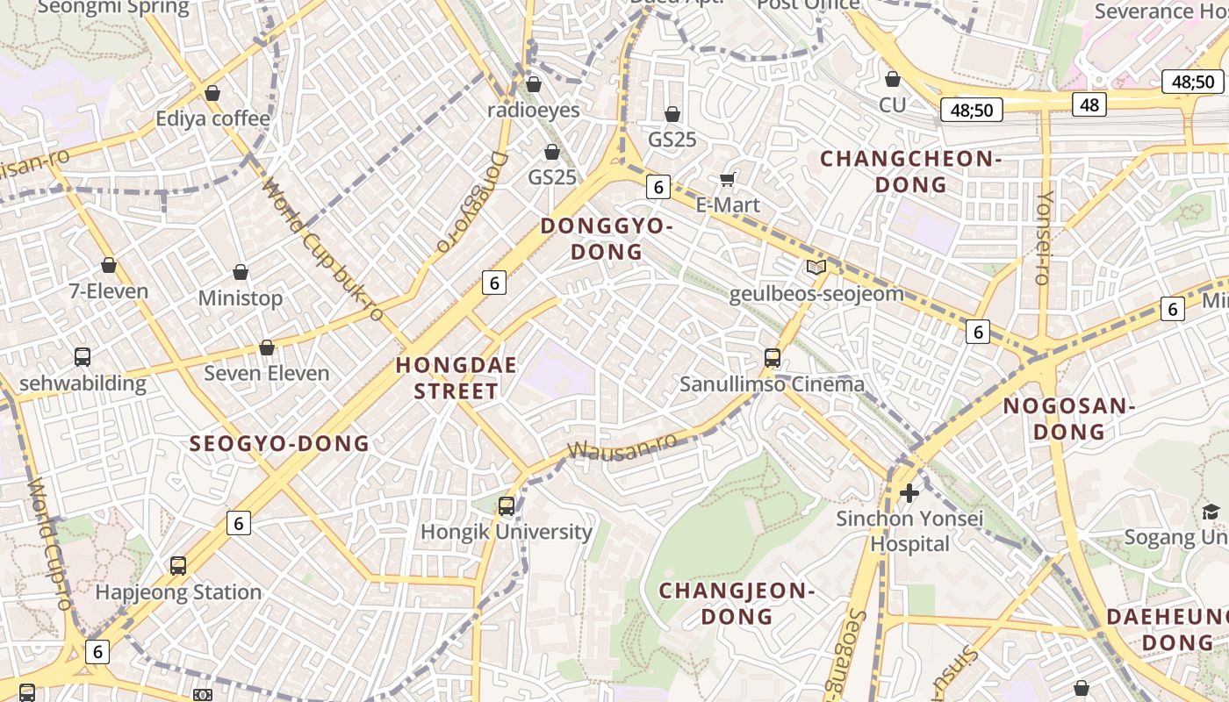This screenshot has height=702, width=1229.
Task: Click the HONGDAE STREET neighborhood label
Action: pyautogui.click(x=456, y=378)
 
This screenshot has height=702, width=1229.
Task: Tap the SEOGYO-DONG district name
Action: pyautogui.click(x=280, y=444)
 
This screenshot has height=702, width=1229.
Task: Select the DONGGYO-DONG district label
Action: pyautogui.click(x=607, y=239)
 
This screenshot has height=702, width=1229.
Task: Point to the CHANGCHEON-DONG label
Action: pyautogui.click(x=910, y=172)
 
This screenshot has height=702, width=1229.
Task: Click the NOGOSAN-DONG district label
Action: pyautogui.click(x=1068, y=419)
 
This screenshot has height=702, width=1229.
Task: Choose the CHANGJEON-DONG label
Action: pyautogui.click(x=737, y=603)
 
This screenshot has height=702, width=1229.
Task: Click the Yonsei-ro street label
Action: pyautogui.click(x=1044, y=238)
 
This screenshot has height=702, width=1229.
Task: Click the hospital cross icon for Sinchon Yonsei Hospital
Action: pyautogui.click(x=909, y=493)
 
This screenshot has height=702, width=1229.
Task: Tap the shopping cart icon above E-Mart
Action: pyautogui.click(x=727, y=180)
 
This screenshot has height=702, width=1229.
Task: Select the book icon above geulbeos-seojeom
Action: pyautogui.click(x=816, y=268)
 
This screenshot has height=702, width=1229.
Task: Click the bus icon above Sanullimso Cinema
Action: pyautogui.click(x=773, y=357)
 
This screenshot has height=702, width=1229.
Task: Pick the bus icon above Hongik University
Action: pyautogui.click(x=507, y=505)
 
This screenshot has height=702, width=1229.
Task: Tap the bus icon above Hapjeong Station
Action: pyautogui.click(x=178, y=566)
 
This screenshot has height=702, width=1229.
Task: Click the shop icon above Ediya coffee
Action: pyautogui.click(x=212, y=93)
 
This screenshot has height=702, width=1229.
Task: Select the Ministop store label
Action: pyautogui.click(x=241, y=298)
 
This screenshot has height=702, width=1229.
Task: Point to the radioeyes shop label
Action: pyautogui.click(x=534, y=110)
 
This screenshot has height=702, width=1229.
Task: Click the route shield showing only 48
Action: pyautogui.click(x=1089, y=105)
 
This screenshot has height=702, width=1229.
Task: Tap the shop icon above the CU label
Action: pyautogui.click(x=893, y=80)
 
